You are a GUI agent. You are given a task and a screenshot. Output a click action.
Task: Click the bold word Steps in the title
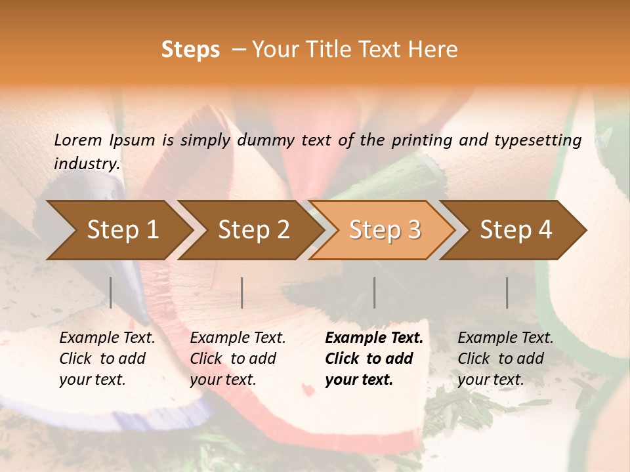190,50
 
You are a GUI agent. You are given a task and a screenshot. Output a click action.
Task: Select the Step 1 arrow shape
122,230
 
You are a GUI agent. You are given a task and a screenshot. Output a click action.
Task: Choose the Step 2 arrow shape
253,230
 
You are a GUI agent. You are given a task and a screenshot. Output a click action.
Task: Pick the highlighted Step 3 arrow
385,230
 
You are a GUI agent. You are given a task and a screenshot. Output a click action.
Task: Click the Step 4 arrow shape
516,230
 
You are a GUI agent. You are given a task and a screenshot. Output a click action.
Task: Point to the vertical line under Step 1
111,292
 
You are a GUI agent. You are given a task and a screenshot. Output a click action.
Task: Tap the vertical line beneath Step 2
242,292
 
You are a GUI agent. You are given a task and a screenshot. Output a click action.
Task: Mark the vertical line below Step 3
375,292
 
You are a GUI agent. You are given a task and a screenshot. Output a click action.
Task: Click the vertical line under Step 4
507,292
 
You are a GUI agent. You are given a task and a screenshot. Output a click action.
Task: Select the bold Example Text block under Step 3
374,359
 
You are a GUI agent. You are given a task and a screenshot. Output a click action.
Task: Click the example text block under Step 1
107,359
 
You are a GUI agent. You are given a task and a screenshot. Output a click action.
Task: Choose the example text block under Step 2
238,359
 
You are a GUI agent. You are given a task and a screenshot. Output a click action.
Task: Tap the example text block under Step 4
505,359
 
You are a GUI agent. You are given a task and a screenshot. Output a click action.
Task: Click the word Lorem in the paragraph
77,140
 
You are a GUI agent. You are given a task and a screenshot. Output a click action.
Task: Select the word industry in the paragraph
87,163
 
